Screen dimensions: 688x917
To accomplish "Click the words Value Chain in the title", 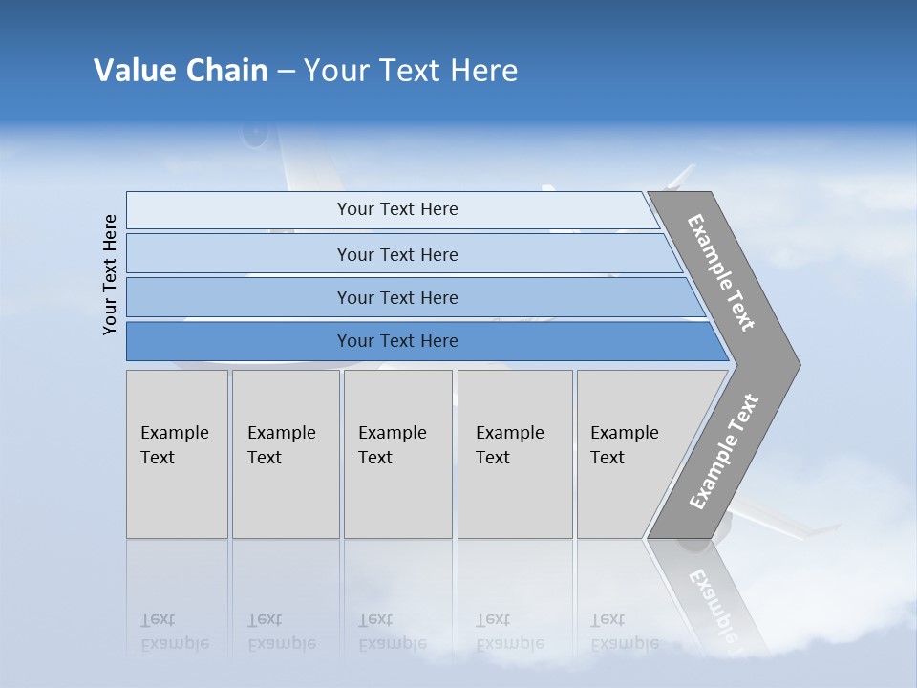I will click(181, 71).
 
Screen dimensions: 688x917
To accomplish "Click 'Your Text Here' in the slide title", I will click(411, 71).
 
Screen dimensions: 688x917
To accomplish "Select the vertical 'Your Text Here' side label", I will click(110, 274).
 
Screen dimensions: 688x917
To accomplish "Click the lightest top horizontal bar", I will click(239, 210).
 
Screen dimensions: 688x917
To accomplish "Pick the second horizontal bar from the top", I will click(239, 254).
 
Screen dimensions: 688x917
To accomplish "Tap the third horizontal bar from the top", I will click(239, 297).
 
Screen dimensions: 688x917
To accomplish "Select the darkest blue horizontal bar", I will click(239, 341).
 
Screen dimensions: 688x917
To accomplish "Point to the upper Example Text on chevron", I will click(721, 272).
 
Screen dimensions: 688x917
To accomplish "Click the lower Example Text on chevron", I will click(723, 451).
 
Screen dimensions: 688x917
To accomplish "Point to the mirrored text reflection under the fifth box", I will click(624, 632).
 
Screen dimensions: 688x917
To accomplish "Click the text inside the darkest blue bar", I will click(397, 341).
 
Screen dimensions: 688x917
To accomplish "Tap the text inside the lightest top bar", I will click(397, 209).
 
